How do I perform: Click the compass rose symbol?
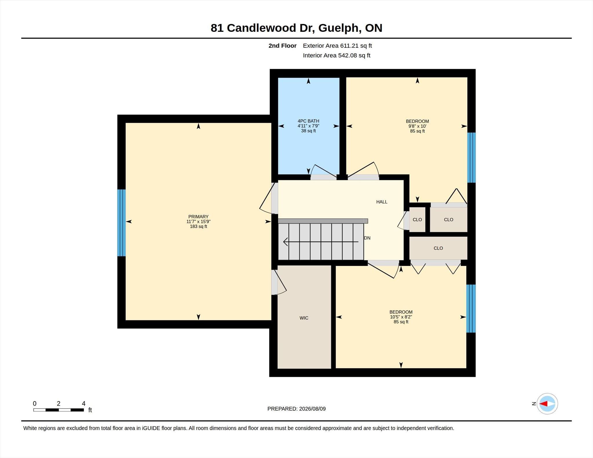(x=547, y=404)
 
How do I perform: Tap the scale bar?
(x=58, y=410)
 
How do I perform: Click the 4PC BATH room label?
(x=308, y=121)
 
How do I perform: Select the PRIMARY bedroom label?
(x=198, y=216)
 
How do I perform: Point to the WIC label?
(x=304, y=318)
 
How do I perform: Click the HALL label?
(x=382, y=202)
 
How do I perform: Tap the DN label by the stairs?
(x=367, y=238)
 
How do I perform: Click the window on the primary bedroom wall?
(x=121, y=223)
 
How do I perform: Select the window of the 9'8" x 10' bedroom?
(x=471, y=158)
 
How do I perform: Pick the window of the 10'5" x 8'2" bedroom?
(x=471, y=308)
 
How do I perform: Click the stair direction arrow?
(x=321, y=242)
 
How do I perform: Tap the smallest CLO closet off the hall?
(x=417, y=220)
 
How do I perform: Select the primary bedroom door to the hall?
(x=268, y=198)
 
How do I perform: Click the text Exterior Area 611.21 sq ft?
(x=337, y=46)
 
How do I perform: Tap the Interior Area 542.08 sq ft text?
(x=336, y=55)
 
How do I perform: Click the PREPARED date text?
(x=296, y=409)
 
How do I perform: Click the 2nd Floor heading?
(x=282, y=46)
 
